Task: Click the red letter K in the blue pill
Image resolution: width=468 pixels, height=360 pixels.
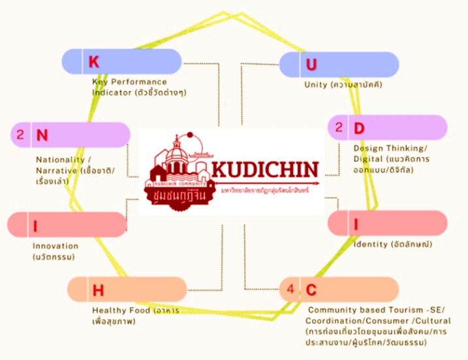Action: (x=93, y=62)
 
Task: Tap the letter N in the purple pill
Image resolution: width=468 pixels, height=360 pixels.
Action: (x=42, y=135)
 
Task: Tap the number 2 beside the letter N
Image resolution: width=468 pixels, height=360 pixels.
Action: (x=20, y=135)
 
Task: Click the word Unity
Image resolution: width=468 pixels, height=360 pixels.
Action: (x=317, y=85)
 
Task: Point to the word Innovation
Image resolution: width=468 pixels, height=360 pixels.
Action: (x=55, y=246)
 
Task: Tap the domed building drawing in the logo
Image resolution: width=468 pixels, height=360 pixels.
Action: (x=177, y=157)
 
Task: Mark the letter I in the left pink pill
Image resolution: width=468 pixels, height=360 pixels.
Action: (x=35, y=226)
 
